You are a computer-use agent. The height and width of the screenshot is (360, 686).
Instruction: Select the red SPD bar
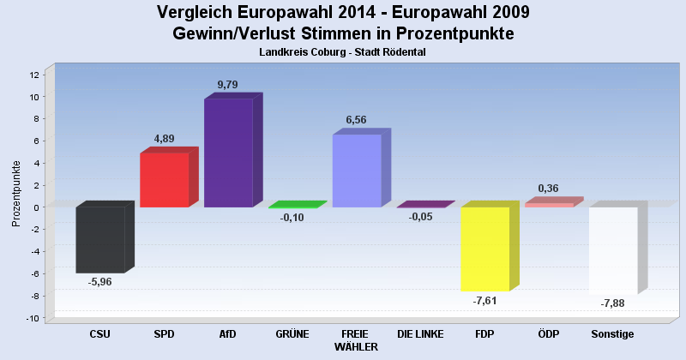164,180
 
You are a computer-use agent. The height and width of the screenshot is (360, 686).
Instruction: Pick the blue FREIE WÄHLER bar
357,171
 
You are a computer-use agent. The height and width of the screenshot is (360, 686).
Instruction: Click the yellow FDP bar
485,249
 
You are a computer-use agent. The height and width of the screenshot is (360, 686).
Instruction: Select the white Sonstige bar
613,250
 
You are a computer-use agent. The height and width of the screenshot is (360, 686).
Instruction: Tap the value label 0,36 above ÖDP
549,189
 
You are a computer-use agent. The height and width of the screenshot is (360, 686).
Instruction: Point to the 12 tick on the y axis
33,75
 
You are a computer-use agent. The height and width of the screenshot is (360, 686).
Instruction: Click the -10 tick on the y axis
32,318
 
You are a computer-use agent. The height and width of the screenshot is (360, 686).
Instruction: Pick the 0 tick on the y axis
36,207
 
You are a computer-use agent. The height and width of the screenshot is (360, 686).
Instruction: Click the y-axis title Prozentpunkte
16,193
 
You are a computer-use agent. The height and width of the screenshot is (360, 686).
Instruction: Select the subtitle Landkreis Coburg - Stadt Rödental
342,52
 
